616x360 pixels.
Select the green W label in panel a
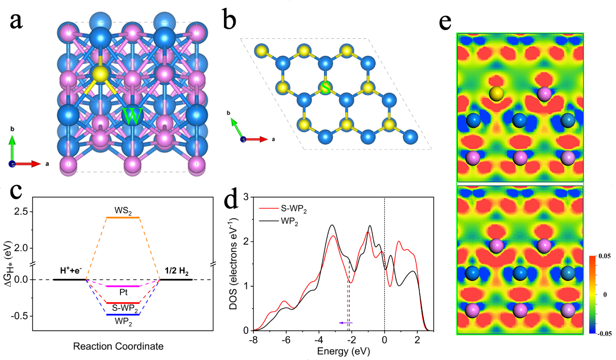[x=132, y=117]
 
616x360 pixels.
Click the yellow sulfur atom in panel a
[x=100, y=74]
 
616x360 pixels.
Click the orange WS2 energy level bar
[x=123, y=217]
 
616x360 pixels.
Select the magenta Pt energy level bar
[x=123, y=286]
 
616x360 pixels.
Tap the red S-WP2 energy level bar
[x=123, y=303]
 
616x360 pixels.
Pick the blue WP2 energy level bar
[x=123, y=315]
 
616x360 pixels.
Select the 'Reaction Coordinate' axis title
[x=118, y=347]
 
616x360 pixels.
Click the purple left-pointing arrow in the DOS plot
[x=345, y=323]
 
